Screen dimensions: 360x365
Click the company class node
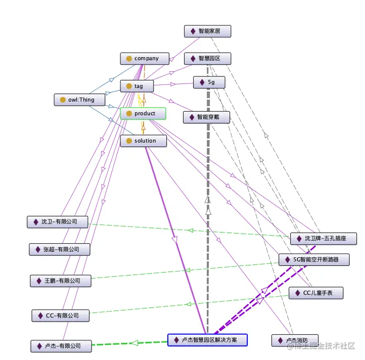coord(143,59)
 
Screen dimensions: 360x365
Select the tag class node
coord(135,86)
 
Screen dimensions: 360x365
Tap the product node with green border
coord(143,114)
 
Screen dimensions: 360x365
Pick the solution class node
coord(143,141)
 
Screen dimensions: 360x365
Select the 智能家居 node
coord(208,31)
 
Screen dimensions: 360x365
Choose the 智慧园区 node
coord(208,59)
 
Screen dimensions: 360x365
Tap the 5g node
coord(209,82)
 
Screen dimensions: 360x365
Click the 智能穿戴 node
coord(206,117)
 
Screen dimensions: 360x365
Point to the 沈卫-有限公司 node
coord(58,222)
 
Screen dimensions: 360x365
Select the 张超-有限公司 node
coord(60,249)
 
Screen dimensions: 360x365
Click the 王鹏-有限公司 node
coord(61,281)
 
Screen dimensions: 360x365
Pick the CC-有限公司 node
coord(61,316)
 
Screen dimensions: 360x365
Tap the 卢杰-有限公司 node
coord(62,346)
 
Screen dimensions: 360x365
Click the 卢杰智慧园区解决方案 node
coord(207,340)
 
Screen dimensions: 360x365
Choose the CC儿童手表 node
coord(316,293)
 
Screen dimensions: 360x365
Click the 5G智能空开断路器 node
coord(315,260)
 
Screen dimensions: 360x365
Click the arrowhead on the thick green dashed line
coord(133,343)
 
